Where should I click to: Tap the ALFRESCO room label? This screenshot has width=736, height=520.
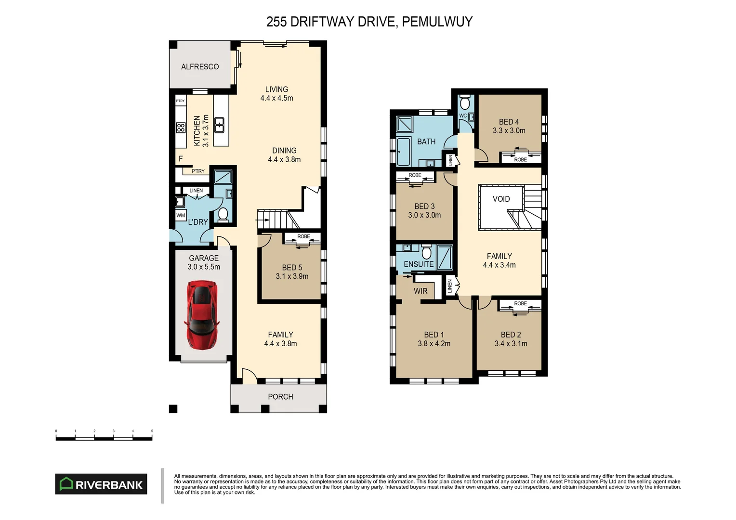click(200, 66)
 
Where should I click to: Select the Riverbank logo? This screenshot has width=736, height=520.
click(101, 484)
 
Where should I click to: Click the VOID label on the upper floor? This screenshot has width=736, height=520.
click(501, 199)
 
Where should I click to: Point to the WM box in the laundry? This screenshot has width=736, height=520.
click(181, 215)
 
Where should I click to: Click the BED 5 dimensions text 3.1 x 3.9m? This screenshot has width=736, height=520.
click(292, 276)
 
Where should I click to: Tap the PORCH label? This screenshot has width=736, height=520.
click(280, 397)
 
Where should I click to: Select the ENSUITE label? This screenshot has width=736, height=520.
click(419, 264)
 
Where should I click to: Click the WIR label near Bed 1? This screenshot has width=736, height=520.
click(421, 291)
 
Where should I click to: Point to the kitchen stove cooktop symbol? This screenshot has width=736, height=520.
click(181, 128)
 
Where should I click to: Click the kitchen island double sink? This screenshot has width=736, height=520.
click(219, 125)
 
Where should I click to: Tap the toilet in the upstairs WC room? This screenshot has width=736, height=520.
click(465, 103)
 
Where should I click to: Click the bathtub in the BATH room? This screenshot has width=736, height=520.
click(404, 152)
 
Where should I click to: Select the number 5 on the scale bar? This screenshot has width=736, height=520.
click(152, 431)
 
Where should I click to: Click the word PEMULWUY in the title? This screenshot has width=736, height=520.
click(437, 22)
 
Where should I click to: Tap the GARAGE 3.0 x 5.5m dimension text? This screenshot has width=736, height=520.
click(204, 267)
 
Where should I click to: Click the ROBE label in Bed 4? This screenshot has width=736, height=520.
click(520, 160)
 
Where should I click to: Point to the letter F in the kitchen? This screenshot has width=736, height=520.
click(181, 158)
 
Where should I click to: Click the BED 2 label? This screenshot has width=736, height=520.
click(511, 335)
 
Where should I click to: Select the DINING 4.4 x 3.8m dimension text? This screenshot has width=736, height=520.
click(284, 160)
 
